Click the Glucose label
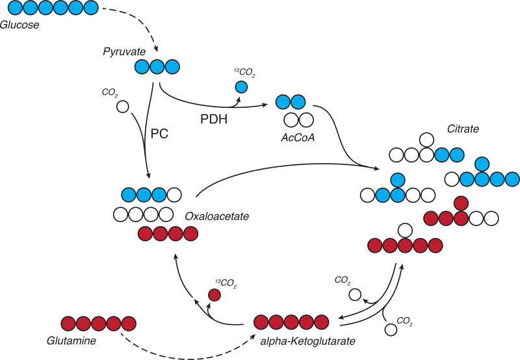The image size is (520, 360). pyautogui.click(x=20, y=25)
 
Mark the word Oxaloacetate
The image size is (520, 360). pyautogui.click(x=211, y=216)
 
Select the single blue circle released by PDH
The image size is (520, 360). pyautogui.click(x=241, y=86)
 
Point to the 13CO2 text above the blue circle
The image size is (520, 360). pyautogui.click(x=245, y=75)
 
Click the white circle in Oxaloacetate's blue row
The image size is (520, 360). pyautogui.click(x=174, y=195)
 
